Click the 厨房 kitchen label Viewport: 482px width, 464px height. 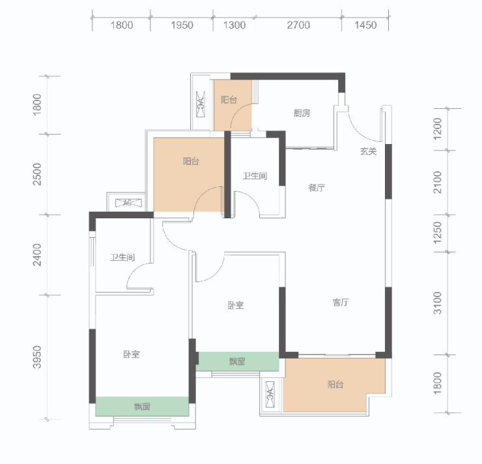coord(302,113)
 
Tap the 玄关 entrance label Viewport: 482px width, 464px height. coord(368,151)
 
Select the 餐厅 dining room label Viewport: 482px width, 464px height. coord(317,188)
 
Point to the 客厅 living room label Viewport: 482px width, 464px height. coord(341,302)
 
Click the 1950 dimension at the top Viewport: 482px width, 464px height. coord(182,25)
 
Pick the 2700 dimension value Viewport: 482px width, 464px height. coord(298,25)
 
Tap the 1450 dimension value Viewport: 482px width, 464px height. coord(365,25)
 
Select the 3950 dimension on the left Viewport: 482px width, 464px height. coord(37,357)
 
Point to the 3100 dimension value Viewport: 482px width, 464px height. coord(437,303)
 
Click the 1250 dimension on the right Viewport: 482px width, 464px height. coord(437,233)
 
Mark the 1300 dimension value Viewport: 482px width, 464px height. coord(234,25)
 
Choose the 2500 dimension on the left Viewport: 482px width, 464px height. coord(37,175)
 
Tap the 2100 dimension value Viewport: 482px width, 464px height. coord(437,182)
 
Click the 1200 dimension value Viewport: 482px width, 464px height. coord(437,129)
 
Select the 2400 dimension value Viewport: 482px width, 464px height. coord(37,255)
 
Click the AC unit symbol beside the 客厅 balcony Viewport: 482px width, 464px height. coord(270,394)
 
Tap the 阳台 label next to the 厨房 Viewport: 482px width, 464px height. coord(229,100)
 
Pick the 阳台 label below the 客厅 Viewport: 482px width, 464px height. coord(335,384)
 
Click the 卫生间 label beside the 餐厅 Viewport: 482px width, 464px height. coord(255,176)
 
